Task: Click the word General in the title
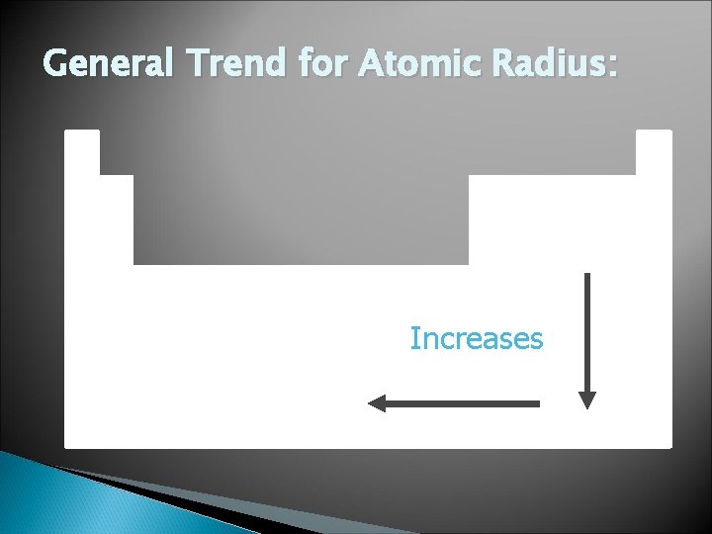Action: pyautogui.click(x=105, y=66)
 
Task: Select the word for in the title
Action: pyautogui.click(x=319, y=66)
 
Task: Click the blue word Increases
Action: pyautogui.click(x=477, y=339)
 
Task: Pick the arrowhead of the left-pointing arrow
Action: pyautogui.click(x=377, y=403)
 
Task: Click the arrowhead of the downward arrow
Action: pyautogui.click(x=587, y=400)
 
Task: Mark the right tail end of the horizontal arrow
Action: pyautogui.click(x=538, y=403)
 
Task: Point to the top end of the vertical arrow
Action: pyautogui.click(x=587, y=275)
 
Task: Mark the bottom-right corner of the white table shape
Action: pyautogui.click(x=669, y=446)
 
